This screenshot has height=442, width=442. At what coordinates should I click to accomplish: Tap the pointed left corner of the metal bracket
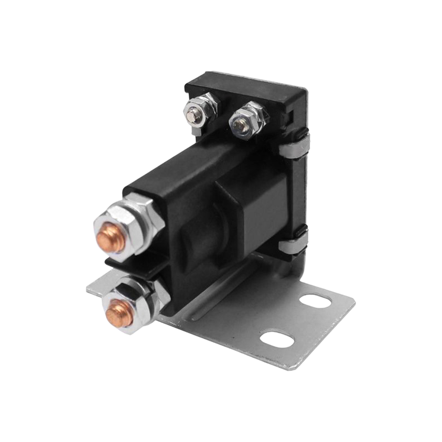pyautogui.click(x=88, y=288)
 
